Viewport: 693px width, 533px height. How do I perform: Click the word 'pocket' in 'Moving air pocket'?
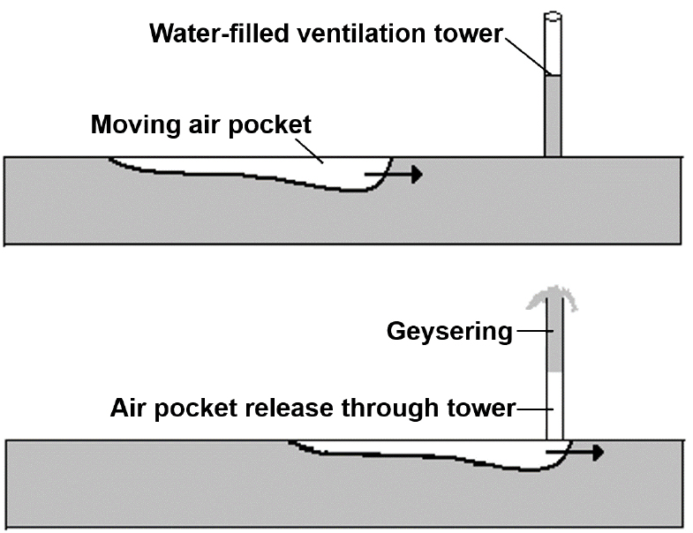[270, 124]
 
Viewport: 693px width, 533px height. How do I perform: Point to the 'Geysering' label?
[449, 333]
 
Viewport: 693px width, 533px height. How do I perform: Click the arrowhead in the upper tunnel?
[417, 174]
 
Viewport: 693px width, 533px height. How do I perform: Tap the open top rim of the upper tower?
[553, 16]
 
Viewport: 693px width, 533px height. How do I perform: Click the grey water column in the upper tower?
[553, 115]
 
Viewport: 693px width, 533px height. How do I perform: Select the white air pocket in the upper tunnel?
[291, 169]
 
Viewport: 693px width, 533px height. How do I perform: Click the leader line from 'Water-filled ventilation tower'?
[527, 56]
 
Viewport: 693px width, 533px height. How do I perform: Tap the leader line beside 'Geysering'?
[530, 333]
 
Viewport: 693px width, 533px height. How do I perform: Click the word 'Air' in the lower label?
[126, 409]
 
